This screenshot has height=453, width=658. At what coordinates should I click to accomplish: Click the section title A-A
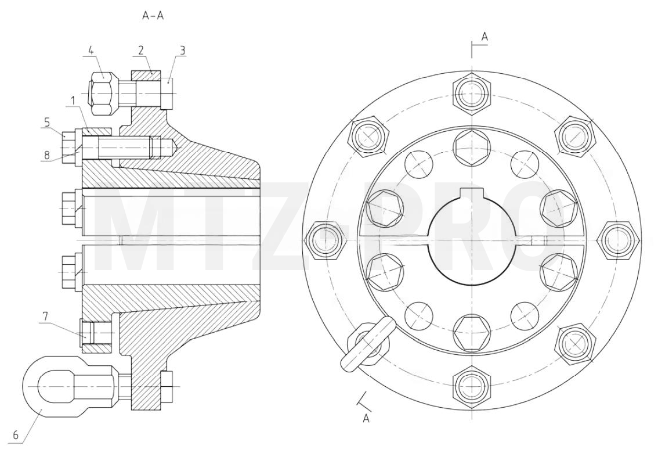click(x=153, y=16)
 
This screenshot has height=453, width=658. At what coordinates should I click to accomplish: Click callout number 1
click(x=73, y=100)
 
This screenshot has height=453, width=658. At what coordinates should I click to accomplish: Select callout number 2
click(x=141, y=51)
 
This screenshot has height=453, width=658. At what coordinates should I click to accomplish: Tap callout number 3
click(x=183, y=51)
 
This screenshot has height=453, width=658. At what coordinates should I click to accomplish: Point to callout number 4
click(x=91, y=51)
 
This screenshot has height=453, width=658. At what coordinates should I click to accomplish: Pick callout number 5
click(x=47, y=122)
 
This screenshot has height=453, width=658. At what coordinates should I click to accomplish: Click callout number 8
click(x=47, y=155)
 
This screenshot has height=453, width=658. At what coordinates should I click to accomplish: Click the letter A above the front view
click(x=485, y=37)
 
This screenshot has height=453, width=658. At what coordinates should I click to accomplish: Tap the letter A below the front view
click(x=366, y=418)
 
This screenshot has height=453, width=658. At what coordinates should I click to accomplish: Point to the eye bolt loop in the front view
click(x=367, y=344)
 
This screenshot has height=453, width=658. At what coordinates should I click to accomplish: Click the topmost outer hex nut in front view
click(x=472, y=93)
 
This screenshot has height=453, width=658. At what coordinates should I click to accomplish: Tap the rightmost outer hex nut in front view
click(x=619, y=240)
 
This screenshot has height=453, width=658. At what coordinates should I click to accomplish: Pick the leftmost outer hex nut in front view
click(x=325, y=240)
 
